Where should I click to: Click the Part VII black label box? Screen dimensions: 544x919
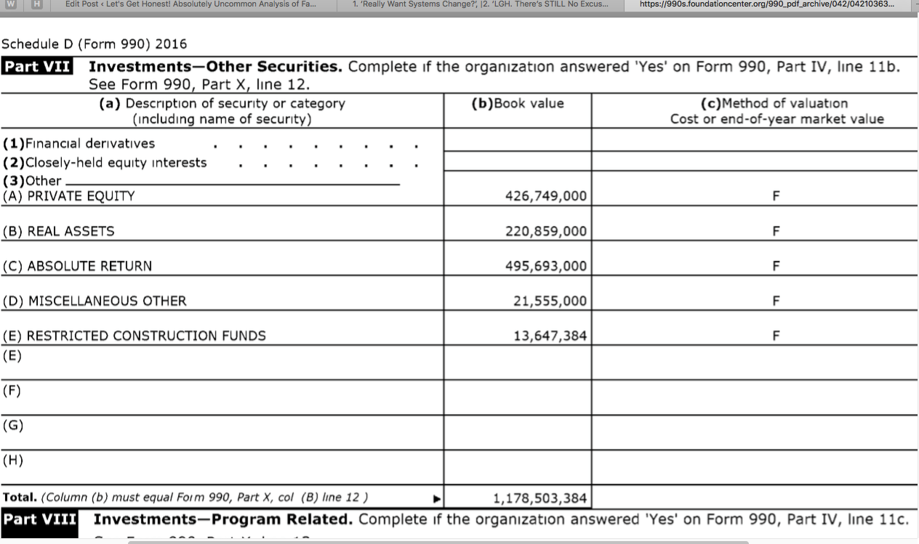(39, 67)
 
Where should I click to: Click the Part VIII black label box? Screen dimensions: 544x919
(40, 520)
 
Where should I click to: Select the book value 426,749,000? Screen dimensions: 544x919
(545, 196)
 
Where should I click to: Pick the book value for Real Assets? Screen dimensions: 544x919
(545, 231)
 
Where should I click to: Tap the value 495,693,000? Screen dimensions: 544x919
(545, 266)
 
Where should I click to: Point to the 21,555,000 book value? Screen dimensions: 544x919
(550, 301)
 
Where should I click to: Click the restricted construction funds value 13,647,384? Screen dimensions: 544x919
(550, 336)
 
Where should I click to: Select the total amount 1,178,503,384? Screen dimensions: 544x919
(539, 498)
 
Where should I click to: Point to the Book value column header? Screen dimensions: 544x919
(518, 103)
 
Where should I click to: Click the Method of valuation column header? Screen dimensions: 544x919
(776, 110)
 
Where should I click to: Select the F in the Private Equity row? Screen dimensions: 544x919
(776, 196)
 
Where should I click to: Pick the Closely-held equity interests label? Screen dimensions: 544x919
(105, 163)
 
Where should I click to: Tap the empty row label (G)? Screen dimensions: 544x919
(12, 426)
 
